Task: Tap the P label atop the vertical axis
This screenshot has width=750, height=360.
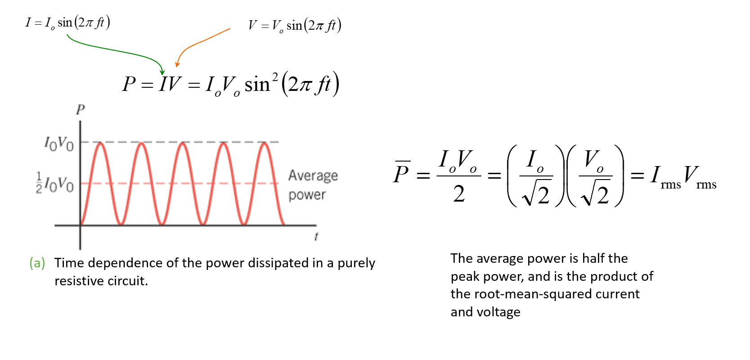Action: click(x=80, y=109)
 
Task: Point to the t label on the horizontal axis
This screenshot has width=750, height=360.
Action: click(x=316, y=237)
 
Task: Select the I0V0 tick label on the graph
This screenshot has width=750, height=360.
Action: click(x=59, y=144)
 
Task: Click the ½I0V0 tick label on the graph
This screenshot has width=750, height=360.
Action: click(x=54, y=183)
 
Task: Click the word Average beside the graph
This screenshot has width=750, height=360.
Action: click(x=313, y=175)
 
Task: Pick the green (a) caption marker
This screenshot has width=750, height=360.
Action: click(x=37, y=263)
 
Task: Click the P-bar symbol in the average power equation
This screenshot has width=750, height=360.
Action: click(x=401, y=172)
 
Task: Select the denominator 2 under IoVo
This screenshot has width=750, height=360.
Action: click(x=458, y=194)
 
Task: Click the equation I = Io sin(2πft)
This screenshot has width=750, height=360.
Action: click(x=67, y=22)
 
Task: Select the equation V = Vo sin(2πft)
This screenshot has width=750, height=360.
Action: click(x=295, y=25)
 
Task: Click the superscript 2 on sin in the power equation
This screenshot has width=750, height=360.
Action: click(x=275, y=77)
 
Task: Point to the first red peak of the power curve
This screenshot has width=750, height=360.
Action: click(x=100, y=143)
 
